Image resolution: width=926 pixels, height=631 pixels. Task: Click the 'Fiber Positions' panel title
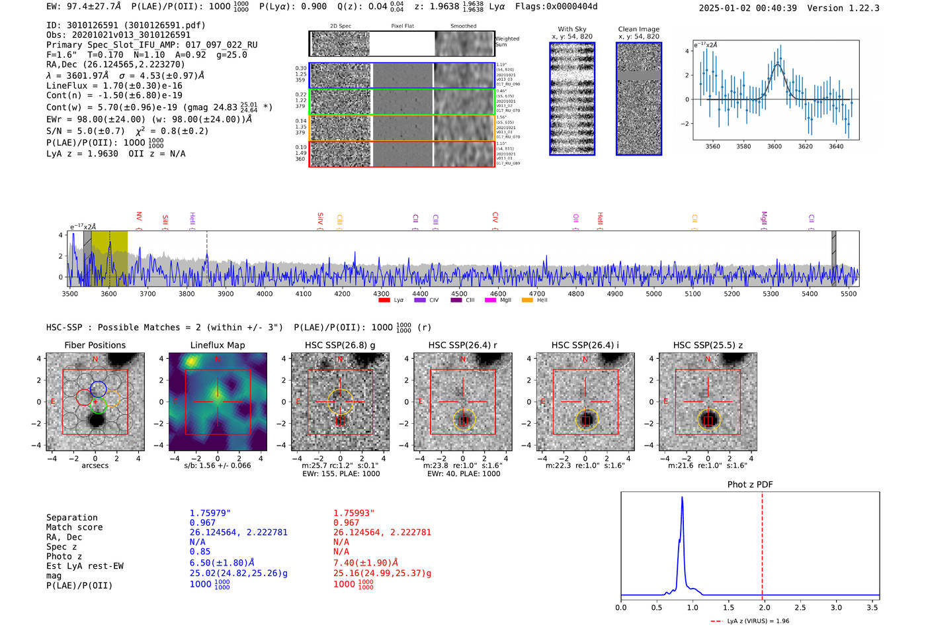[95, 345]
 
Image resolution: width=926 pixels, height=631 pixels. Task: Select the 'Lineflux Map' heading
[217, 345]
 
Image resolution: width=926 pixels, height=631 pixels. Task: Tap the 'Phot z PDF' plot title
[749, 484]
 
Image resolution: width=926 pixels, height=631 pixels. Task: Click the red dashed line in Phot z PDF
[762, 543]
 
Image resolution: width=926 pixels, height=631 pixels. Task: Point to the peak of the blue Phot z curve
[682, 497]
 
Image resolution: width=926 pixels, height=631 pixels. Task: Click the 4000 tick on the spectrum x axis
[265, 293]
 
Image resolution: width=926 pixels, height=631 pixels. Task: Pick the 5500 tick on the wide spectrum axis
[849, 293]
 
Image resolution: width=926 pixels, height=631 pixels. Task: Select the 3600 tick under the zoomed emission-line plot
[775, 146]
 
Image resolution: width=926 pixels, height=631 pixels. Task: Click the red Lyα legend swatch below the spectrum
[384, 300]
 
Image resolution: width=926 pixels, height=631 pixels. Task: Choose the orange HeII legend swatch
[527, 300]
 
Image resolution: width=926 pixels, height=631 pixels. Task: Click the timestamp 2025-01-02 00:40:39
[747, 8]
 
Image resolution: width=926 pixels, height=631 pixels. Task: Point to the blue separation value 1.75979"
[210, 513]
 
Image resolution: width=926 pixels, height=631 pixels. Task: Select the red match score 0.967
[346, 522]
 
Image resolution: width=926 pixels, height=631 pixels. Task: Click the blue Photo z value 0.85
[200, 552]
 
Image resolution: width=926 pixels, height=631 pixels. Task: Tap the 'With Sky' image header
[571, 29]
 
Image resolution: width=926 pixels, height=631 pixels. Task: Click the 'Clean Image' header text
[638, 29]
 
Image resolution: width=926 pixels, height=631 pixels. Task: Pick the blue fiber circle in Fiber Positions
[98, 389]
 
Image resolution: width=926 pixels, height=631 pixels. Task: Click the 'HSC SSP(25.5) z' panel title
[708, 345]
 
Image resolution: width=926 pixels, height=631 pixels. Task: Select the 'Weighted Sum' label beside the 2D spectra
[507, 42]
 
